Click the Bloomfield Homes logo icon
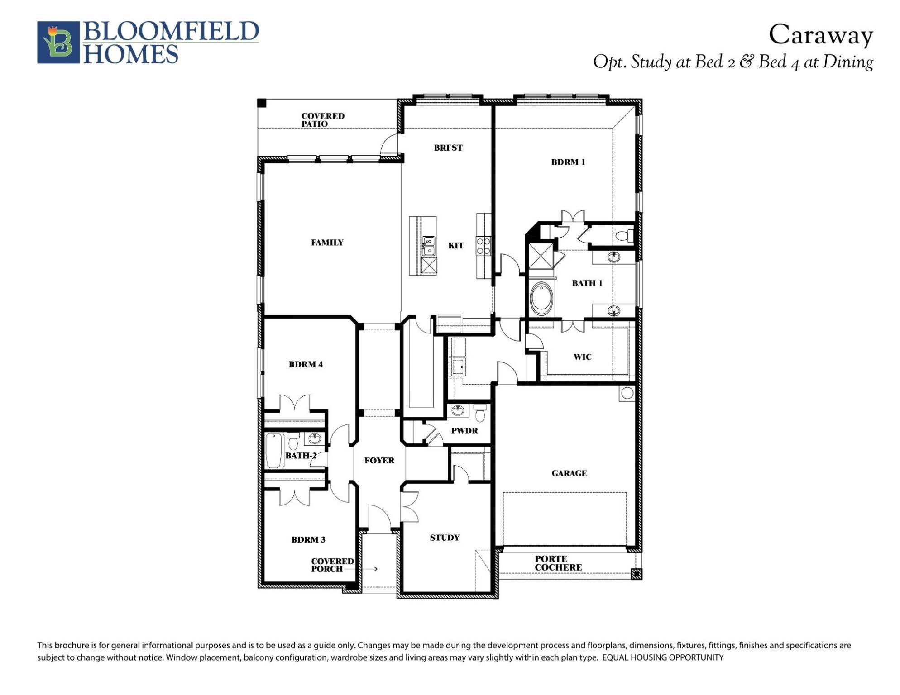58,42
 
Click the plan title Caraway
820,35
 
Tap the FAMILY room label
327,243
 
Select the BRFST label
448,148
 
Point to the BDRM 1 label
568,162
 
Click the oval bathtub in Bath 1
541,299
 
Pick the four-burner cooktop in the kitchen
483,246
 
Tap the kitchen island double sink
428,246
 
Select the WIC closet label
582,357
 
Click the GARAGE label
569,473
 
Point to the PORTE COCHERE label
558,563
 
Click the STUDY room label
445,538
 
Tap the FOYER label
379,461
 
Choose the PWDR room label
464,431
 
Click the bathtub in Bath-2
273,451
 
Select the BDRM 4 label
306,364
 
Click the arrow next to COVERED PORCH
375,569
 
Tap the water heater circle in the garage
627,393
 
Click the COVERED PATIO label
322,120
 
